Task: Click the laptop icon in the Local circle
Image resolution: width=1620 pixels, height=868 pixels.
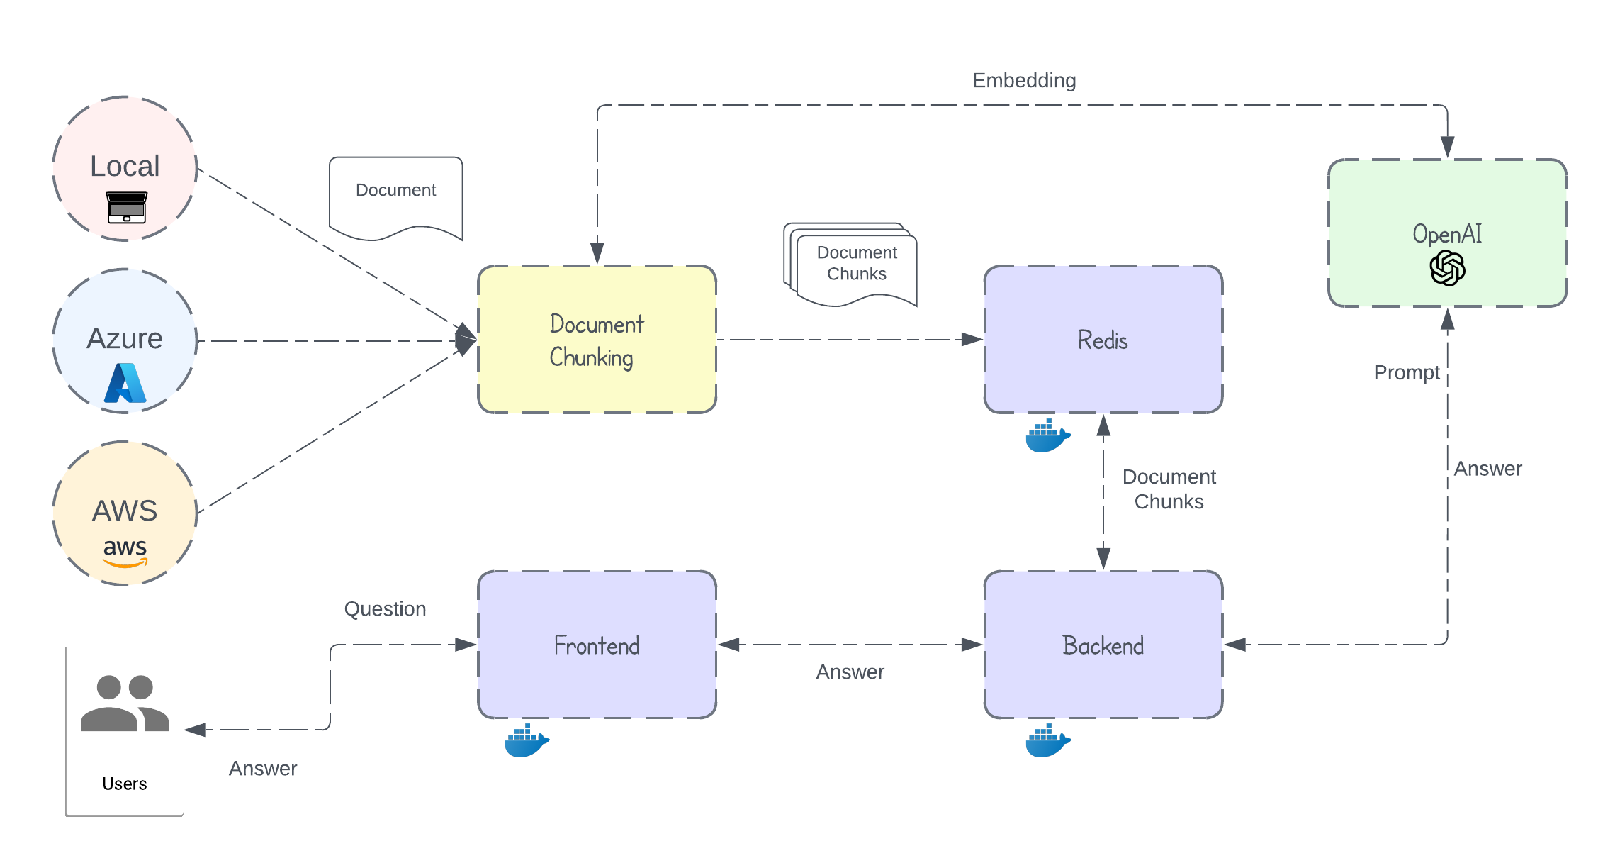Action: point(126,207)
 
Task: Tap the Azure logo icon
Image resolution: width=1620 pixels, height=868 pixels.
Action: point(125,383)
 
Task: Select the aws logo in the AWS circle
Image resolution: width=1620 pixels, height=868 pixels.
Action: point(125,552)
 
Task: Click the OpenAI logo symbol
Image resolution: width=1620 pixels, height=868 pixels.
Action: point(1447,269)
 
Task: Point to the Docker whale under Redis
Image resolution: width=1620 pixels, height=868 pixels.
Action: point(1047,435)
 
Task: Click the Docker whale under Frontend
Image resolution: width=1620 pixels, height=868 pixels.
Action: point(526,740)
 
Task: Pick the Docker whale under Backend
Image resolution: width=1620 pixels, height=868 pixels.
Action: point(1047,740)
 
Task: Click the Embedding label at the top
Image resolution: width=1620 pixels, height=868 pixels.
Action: point(1023,80)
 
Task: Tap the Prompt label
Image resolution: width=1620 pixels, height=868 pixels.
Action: point(1406,372)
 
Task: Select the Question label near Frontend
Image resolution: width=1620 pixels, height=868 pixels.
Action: point(385,608)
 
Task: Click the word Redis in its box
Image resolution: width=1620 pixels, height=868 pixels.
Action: point(1102,340)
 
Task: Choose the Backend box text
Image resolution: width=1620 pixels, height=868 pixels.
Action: point(1102,645)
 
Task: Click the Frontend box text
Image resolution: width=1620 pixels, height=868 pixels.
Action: point(597,645)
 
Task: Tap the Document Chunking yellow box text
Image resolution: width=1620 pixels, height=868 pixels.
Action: point(597,340)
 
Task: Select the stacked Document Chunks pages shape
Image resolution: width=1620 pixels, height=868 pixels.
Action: point(851,265)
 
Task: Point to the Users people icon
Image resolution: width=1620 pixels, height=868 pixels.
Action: point(125,703)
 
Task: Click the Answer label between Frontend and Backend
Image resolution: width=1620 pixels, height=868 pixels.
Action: point(850,672)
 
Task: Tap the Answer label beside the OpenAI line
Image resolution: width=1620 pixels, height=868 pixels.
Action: point(1487,469)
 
